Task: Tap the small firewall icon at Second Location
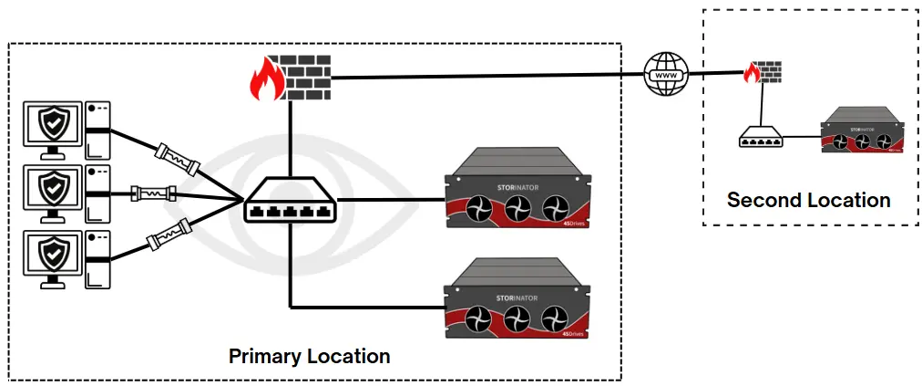click(x=763, y=73)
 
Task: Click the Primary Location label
click(x=309, y=356)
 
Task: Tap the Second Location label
click(x=808, y=200)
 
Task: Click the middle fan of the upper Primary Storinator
click(x=516, y=208)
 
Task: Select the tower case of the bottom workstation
click(x=97, y=260)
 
